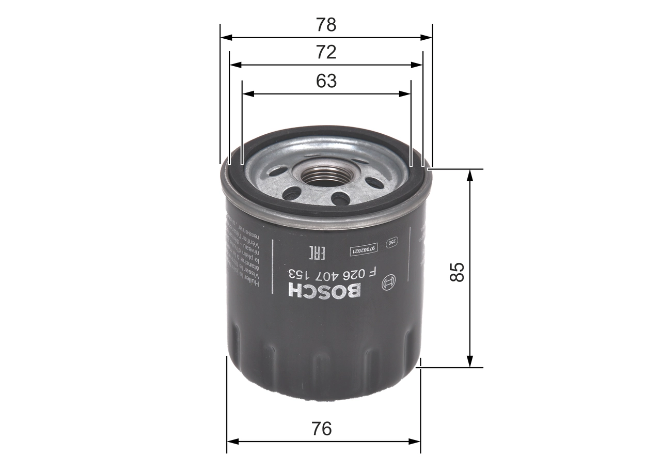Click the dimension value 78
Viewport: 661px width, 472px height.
326,25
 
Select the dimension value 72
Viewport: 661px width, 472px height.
326,52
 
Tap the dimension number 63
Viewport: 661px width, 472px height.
326,81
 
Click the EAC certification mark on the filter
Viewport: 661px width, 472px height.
316,253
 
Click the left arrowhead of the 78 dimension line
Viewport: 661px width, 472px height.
225,37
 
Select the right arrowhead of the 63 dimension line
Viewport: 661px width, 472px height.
406,94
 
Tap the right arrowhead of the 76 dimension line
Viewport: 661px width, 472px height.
416,442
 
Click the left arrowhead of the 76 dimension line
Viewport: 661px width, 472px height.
232,442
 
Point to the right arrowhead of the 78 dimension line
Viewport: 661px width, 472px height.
427,37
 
